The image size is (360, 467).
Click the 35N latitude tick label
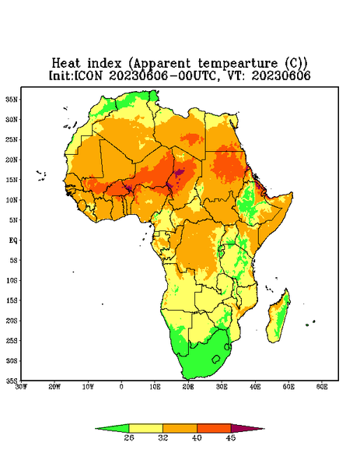click(x=12, y=100)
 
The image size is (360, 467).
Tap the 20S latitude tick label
click(x=12, y=321)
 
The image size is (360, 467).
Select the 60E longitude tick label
click(x=322, y=387)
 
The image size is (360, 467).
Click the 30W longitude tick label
click(x=21, y=387)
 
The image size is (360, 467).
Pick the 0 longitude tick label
click(x=121, y=387)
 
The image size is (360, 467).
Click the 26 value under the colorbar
click(x=129, y=437)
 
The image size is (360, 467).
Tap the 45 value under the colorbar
click(x=231, y=437)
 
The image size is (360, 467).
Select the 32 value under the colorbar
click(x=163, y=437)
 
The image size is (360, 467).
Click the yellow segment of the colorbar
click(x=146, y=428)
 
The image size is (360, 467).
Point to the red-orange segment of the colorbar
click(x=214, y=428)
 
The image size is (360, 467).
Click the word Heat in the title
click(x=66, y=64)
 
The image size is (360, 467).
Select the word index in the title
click(x=104, y=64)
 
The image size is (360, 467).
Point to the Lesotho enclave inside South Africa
click(x=216, y=359)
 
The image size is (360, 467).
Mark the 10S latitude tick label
click(x=12, y=280)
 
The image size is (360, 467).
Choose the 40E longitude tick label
click(x=255, y=387)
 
